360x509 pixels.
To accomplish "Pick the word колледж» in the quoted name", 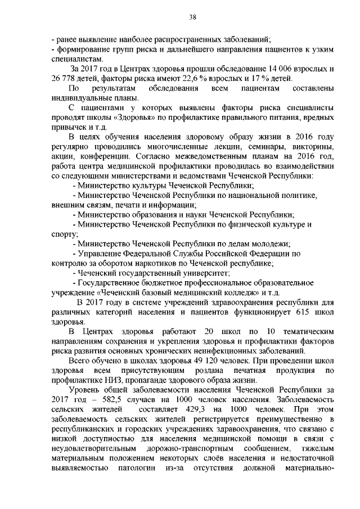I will (x=232, y=292).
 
